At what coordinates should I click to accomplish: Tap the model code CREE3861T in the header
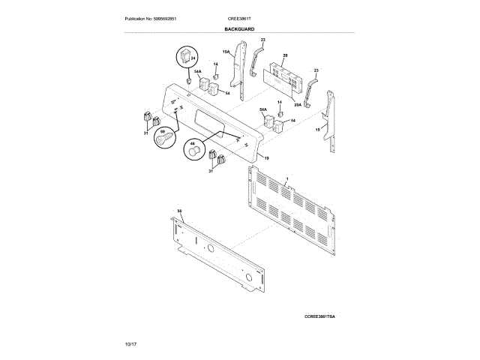point(239,18)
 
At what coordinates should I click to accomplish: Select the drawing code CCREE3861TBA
point(319,318)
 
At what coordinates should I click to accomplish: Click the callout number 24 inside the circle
point(192,58)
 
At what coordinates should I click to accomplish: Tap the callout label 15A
point(225,52)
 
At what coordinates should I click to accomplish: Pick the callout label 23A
point(298,106)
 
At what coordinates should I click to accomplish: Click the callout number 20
point(285,55)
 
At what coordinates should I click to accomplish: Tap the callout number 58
point(179,211)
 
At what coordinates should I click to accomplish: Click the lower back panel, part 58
point(217,251)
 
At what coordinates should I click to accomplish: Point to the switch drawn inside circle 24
point(184,58)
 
